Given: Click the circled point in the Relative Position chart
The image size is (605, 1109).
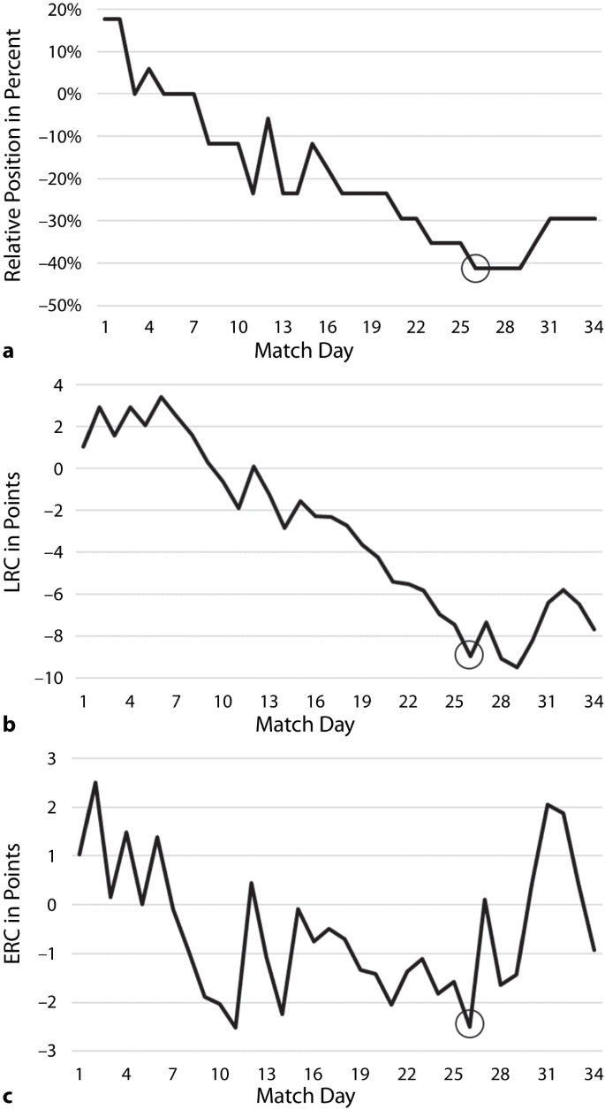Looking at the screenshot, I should (x=475, y=268).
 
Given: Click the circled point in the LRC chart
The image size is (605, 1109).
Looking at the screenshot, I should (x=469, y=655).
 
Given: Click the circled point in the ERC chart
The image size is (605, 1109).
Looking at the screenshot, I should (x=469, y=1023).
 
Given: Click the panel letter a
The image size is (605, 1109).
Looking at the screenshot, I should (x=8, y=351).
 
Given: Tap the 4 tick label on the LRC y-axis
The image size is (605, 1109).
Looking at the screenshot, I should (x=58, y=385).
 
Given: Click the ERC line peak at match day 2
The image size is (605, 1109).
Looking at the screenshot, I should (x=95, y=782).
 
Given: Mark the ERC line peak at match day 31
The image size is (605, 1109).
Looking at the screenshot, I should (x=548, y=804).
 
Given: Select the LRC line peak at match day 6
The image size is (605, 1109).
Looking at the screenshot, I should (x=160, y=397).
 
